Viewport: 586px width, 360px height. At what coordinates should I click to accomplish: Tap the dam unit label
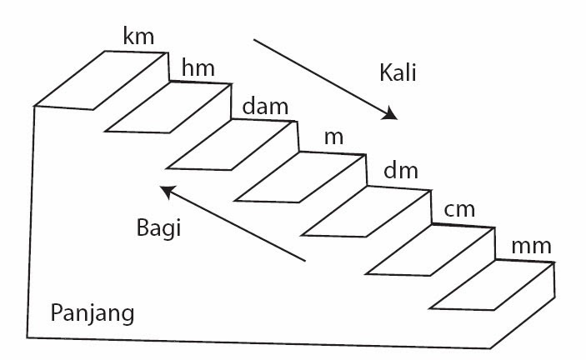(265, 107)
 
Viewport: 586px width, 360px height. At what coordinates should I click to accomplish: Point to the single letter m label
(333, 137)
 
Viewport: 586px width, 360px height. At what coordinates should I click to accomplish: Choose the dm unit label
(400, 173)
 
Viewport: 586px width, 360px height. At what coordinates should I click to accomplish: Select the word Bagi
(158, 227)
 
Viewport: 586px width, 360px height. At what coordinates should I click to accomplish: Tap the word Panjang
(92, 314)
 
